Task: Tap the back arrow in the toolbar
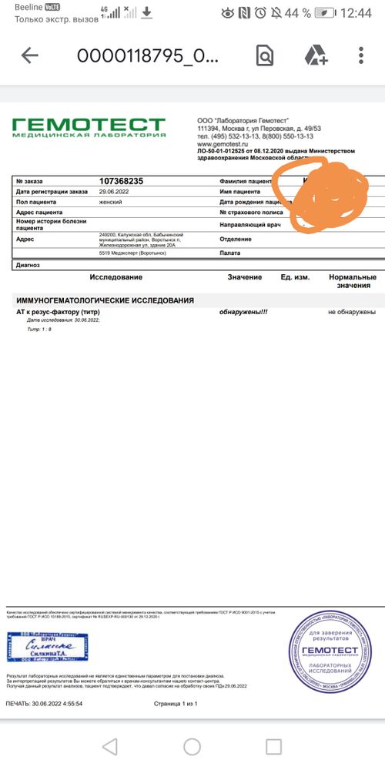pos(29,55)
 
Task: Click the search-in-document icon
pos(264,55)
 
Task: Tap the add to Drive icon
pos(316,55)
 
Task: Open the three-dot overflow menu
pos(361,55)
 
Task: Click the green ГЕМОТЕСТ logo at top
pos(89,127)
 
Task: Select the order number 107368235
pos(121,181)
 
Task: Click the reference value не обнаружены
pos(352,312)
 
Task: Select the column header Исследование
pos(115,277)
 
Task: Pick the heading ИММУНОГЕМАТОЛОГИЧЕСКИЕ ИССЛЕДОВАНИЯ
pos(105,300)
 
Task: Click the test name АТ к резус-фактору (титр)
pos(59,312)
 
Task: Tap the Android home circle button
pos(192,745)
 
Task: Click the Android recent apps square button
pos(273,745)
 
